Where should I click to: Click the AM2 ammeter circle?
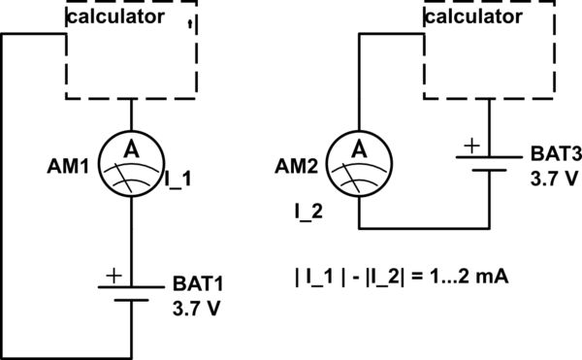[x=359, y=163]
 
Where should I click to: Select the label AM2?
[x=298, y=166]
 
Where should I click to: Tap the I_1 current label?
[x=180, y=179]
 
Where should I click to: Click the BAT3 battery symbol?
[x=486, y=161]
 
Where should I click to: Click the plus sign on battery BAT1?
[x=113, y=277]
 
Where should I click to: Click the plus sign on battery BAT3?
[x=471, y=147]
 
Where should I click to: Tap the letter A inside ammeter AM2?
[x=359, y=149]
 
